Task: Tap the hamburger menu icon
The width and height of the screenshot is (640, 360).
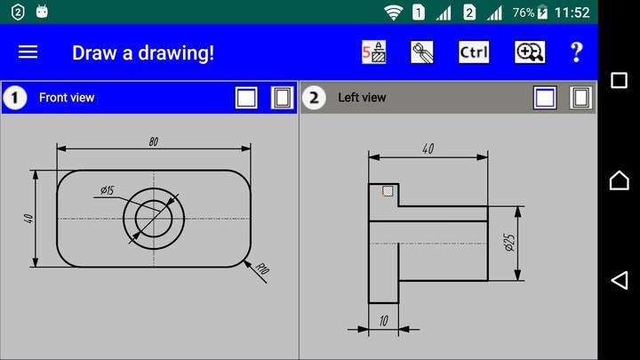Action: [x=28, y=52]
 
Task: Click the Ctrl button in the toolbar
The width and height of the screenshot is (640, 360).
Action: [x=474, y=52]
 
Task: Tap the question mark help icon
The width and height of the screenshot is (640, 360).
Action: [x=576, y=52]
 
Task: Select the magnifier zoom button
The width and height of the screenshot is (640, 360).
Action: [x=530, y=52]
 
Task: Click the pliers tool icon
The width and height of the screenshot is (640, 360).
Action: [x=422, y=52]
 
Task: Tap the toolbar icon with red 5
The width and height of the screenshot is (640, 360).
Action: [x=374, y=52]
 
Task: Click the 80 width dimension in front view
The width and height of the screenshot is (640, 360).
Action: [x=154, y=141]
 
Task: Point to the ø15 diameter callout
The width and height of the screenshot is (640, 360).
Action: [x=108, y=190]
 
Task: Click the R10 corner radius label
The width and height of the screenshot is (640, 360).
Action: [x=262, y=269]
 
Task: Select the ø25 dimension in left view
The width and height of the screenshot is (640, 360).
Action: [x=509, y=243]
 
